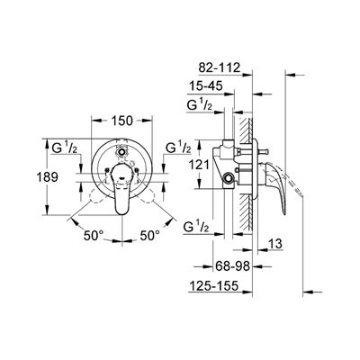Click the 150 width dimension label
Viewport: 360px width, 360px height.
click(x=122, y=121)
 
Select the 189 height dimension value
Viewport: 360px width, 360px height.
click(x=47, y=177)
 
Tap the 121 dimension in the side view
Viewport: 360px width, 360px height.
click(x=199, y=165)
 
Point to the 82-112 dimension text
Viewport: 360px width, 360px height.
click(x=220, y=67)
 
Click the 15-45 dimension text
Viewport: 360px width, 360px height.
click(x=206, y=86)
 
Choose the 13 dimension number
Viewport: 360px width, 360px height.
click(x=275, y=244)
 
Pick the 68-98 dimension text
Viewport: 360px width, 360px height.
click(x=232, y=265)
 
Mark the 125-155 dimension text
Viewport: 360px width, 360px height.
click(x=213, y=285)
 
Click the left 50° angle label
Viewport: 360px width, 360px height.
click(x=94, y=236)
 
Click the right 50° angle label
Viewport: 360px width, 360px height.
click(x=150, y=236)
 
